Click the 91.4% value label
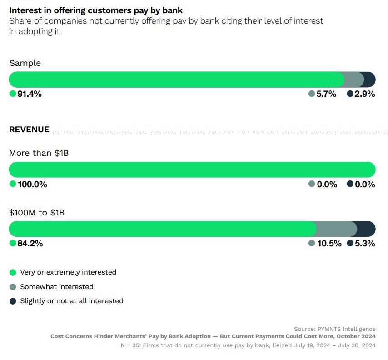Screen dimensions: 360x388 [x=30, y=94]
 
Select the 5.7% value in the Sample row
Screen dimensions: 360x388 [x=327, y=94]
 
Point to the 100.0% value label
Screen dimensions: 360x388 [x=32, y=184]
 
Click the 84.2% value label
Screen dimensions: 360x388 [x=30, y=243]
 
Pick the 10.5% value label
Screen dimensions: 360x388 [x=329, y=243]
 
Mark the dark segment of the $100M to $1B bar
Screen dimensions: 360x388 [x=366, y=229]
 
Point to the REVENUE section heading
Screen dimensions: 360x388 [x=29, y=130]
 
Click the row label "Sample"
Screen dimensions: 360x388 [x=25, y=63]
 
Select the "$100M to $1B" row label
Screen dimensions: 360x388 [x=37, y=212]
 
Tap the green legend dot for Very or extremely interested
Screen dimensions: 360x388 [x=13, y=273]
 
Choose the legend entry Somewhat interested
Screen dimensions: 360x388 [x=56, y=287]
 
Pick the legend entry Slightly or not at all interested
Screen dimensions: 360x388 [x=71, y=301]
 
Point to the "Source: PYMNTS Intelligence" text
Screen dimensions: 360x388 [x=335, y=329]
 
